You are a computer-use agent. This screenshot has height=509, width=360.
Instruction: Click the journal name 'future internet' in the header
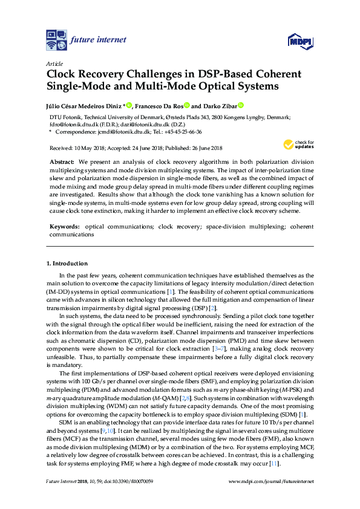click(x=99, y=40)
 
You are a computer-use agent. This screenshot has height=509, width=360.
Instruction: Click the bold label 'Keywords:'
click(x=64, y=226)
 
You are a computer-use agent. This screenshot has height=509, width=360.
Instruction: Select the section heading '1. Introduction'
click(x=67, y=264)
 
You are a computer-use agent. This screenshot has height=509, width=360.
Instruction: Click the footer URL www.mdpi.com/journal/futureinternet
click(x=271, y=481)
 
